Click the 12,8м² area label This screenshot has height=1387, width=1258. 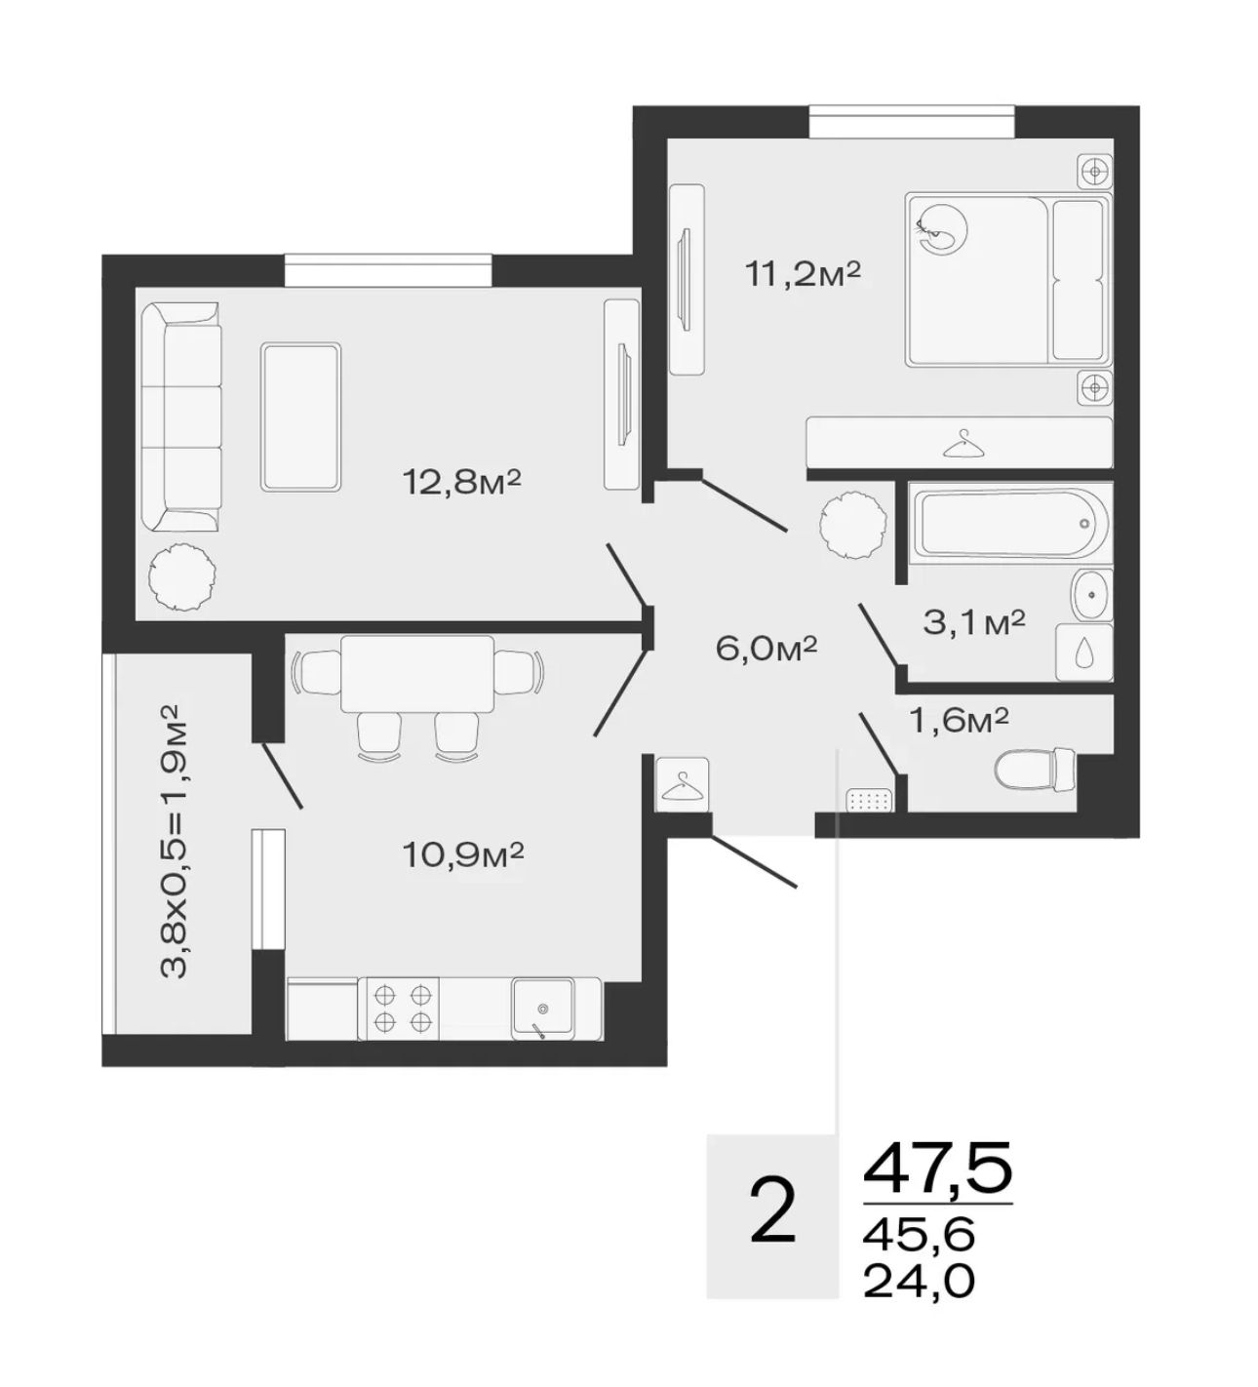coord(461,482)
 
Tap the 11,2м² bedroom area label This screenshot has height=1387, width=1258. coord(803,274)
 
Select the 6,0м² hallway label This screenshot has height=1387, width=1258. coord(767,649)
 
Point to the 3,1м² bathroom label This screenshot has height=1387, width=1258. coord(974,622)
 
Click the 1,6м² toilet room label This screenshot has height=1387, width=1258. coord(960,721)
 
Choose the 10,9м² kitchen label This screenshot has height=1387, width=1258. coord(462,855)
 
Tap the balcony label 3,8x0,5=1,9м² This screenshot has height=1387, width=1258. coord(174,841)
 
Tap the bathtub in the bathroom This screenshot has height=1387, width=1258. coord(1010,524)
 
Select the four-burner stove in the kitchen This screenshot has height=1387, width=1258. coord(402,1009)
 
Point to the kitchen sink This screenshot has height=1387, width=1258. coord(543,1009)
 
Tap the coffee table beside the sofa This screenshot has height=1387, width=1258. coord(300,417)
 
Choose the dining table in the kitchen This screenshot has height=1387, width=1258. coord(417,674)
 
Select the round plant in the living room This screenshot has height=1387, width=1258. coord(182,578)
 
